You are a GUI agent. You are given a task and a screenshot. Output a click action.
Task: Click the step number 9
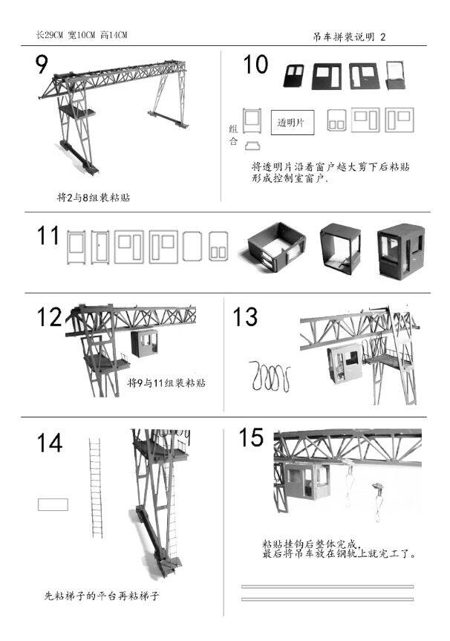tap(42, 64)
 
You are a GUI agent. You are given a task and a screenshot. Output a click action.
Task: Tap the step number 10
tap(255, 65)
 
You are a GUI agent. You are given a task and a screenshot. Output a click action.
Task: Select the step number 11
tap(48, 235)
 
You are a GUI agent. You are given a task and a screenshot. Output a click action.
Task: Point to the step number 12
tap(49, 317)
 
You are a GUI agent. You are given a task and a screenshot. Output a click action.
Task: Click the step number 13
tap(245, 317)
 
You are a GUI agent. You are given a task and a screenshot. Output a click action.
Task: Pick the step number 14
tap(50, 443)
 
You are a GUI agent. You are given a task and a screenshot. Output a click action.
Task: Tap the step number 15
tap(251, 437)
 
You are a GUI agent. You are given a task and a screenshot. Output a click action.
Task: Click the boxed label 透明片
tap(293, 123)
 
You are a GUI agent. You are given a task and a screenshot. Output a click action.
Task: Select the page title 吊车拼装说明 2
tap(349, 37)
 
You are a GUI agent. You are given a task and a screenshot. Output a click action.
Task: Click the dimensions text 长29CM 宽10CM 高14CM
tap(82, 35)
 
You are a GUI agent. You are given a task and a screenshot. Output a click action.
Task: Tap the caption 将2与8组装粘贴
tap(93, 198)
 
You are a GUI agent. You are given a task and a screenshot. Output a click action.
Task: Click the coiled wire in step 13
tap(270, 376)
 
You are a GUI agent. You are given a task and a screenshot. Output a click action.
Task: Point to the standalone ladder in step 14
tap(96, 488)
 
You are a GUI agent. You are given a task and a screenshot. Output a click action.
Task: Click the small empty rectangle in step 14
tap(53, 504)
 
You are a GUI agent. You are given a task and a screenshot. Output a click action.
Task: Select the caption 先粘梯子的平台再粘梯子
tap(102, 596)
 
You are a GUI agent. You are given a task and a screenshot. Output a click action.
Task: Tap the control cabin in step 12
tap(145, 343)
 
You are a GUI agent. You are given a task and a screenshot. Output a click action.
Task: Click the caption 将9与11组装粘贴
tap(166, 383)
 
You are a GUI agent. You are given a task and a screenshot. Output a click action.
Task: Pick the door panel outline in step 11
tap(100, 247)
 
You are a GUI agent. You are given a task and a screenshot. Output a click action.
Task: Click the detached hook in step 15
tap(378, 502)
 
